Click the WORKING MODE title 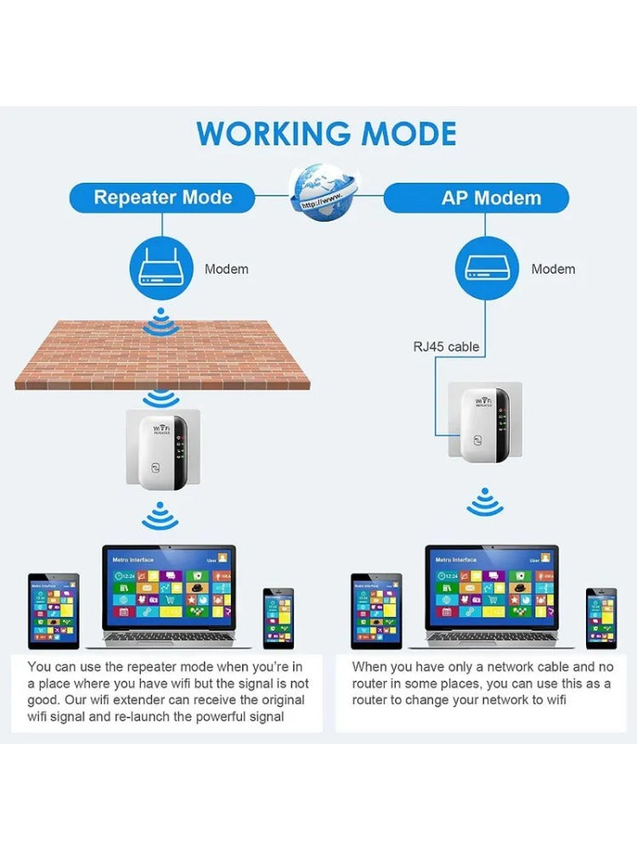tap(326, 134)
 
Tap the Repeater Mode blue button tap(162, 198)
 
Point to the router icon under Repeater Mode tap(161, 269)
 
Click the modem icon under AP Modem tap(487, 269)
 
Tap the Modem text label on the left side tap(226, 269)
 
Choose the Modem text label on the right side tap(553, 269)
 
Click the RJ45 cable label tap(446, 347)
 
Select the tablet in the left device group tap(54, 610)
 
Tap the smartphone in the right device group tap(600, 617)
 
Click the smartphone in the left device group tap(278, 617)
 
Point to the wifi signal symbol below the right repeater tap(484, 503)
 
